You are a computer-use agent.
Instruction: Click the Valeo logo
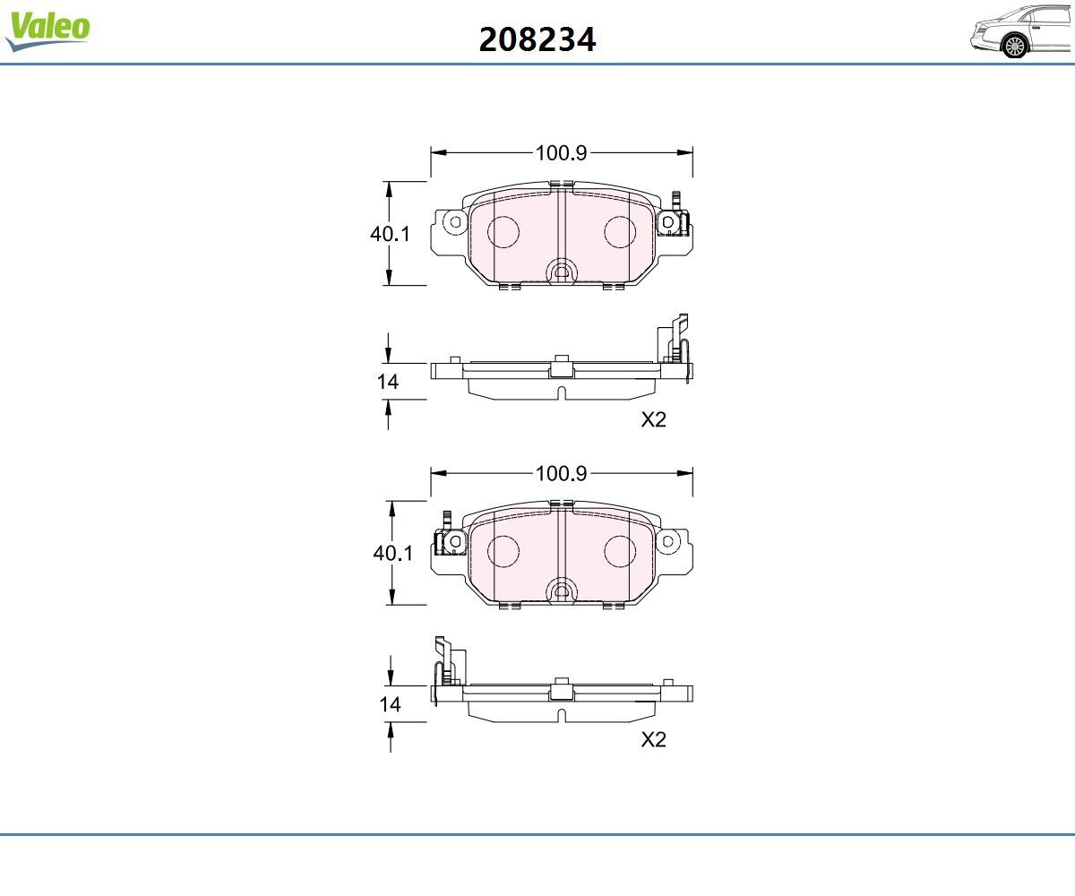pos(47,30)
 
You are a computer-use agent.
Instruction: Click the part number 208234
pos(537,39)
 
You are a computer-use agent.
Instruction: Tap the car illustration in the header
pos(1021,32)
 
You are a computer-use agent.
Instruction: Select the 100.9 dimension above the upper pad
pos(561,153)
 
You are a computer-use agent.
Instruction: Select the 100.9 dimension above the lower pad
pos(561,473)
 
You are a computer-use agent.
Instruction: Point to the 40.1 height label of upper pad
pos(390,234)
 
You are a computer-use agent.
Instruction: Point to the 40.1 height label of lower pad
pos(393,553)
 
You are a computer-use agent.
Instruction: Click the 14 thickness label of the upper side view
pos(388,382)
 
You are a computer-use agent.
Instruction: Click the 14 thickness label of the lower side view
pos(390,704)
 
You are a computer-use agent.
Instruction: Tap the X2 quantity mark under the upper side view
pos(653,419)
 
